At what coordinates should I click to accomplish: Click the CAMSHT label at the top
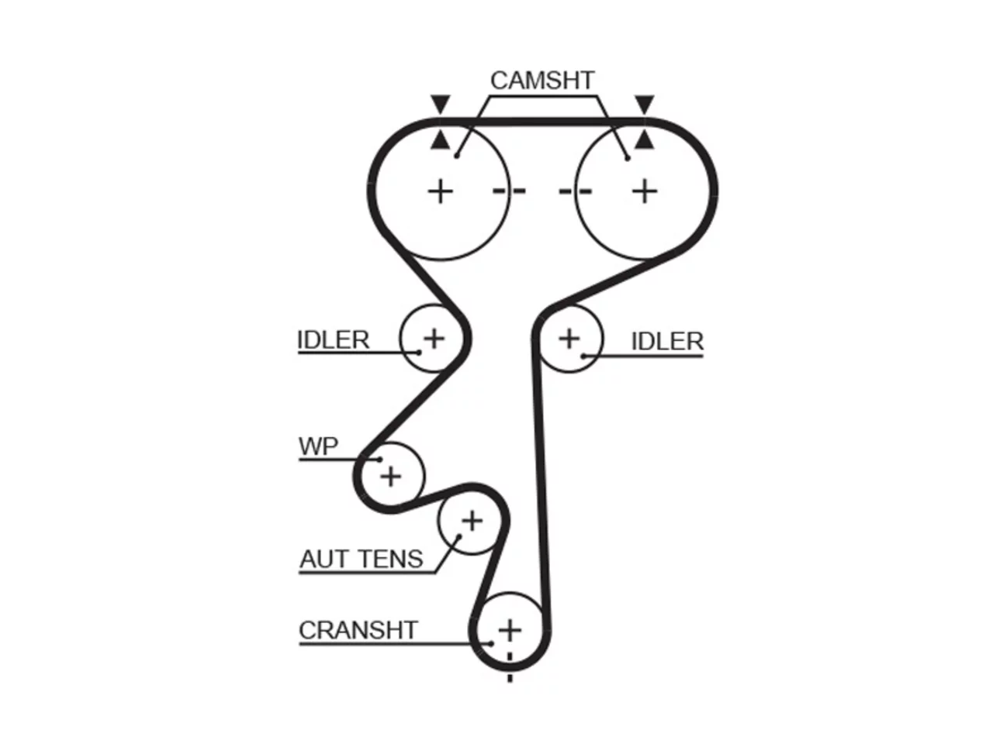tap(542, 81)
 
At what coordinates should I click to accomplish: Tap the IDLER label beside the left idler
tap(334, 339)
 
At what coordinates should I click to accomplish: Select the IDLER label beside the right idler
tap(667, 341)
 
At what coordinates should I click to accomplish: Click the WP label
tap(318, 446)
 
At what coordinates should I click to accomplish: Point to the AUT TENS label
tap(362, 559)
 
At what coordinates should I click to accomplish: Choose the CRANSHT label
tap(358, 630)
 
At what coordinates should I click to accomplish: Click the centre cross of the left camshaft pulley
tap(440, 191)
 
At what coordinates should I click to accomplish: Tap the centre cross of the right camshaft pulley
tap(645, 191)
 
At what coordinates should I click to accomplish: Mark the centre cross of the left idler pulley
tap(434, 339)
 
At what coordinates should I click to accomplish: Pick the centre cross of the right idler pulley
tap(569, 339)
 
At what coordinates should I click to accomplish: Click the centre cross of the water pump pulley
tap(391, 477)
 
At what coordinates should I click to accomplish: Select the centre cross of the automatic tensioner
tap(472, 521)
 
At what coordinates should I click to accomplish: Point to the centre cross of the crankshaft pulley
tap(510, 630)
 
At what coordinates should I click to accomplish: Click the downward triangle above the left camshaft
tap(440, 103)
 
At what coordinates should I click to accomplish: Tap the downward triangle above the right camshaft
tap(645, 103)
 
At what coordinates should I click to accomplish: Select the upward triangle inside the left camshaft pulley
tap(440, 140)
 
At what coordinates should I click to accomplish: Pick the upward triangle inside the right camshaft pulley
tap(645, 140)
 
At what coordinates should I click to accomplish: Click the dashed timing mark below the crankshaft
tap(510, 667)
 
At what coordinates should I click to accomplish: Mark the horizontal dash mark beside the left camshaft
tap(509, 191)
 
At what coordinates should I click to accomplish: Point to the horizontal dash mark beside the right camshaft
tap(576, 191)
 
